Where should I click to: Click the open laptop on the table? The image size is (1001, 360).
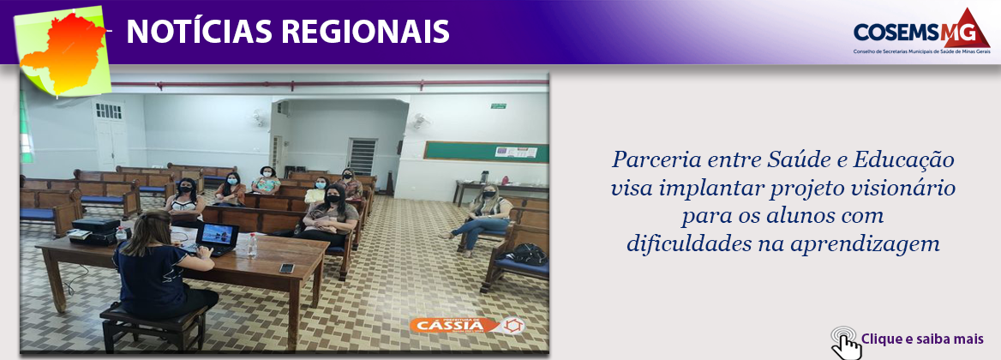216,237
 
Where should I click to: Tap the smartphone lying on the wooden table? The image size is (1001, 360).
286,267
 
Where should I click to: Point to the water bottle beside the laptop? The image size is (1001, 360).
252,244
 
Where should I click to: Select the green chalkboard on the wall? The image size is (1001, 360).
486,151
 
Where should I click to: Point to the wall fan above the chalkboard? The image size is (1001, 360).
419,121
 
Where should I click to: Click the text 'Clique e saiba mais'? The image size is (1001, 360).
922,339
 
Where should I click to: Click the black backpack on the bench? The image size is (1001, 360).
528,253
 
